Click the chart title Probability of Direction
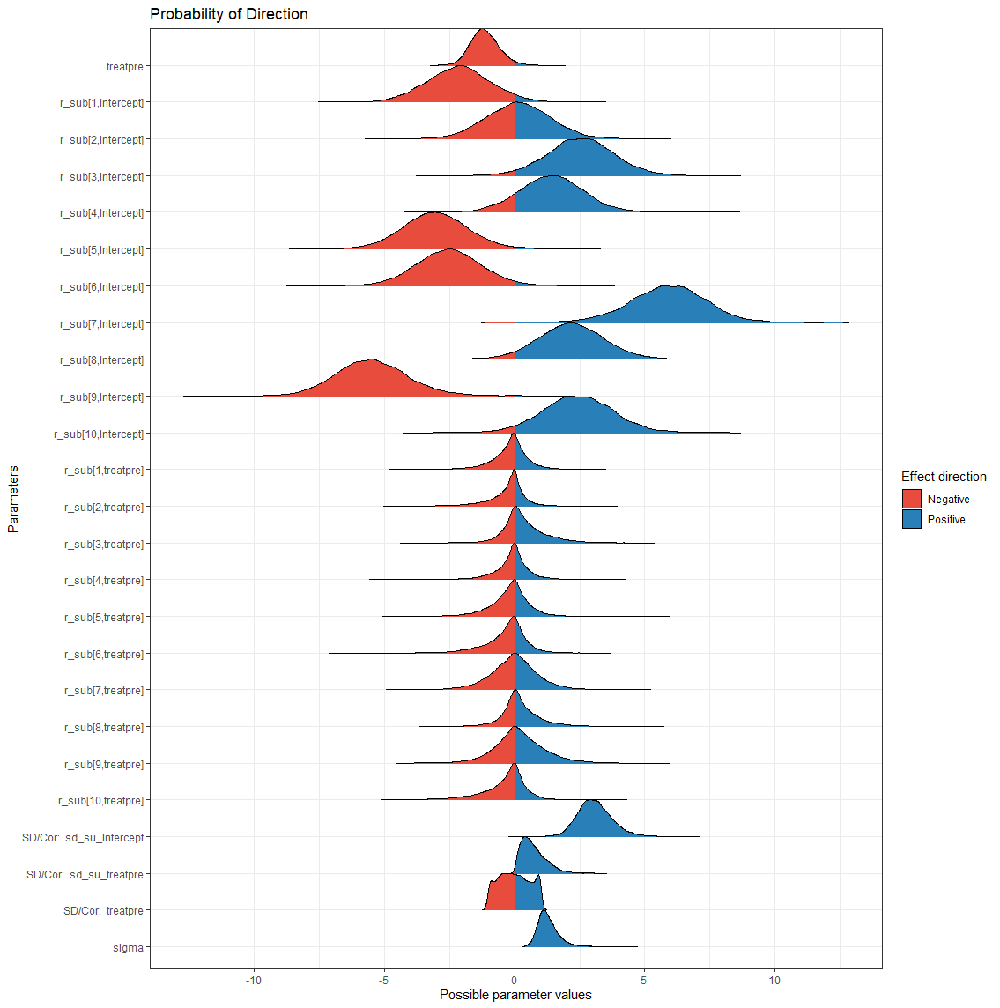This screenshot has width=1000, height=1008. coord(229,14)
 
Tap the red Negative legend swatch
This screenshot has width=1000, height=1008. coord(911,499)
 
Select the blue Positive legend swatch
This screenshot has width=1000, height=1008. coord(911,519)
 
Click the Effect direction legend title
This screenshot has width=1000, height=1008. coord(944,477)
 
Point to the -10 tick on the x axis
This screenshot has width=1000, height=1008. coord(254,980)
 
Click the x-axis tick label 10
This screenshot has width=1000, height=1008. coord(774,980)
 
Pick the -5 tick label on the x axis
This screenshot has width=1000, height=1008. coord(384,980)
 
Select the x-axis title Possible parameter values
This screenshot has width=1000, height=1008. coord(515,995)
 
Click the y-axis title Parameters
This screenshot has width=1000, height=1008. coord(13,499)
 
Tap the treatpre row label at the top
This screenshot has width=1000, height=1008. coord(124,66)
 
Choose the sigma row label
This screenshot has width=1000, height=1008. coord(128,948)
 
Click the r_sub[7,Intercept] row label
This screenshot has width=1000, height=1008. coord(101,324)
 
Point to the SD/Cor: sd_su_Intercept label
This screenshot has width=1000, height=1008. coord(83,838)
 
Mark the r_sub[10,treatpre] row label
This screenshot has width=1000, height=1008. coord(100,801)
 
